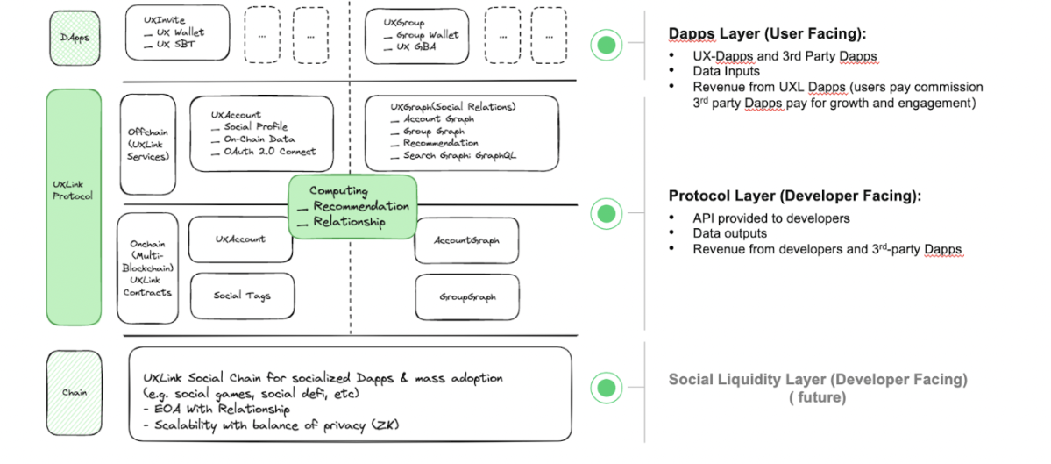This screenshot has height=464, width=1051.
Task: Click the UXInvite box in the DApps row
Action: [x=176, y=34]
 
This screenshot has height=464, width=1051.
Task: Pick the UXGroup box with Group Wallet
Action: [x=422, y=34]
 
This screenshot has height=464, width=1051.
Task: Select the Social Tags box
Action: [x=241, y=296]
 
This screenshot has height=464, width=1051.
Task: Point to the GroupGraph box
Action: [x=466, y=296]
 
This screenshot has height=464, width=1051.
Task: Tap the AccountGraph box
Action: [x=466, y=239]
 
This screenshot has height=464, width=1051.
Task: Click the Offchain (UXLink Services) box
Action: [x=147, y=145]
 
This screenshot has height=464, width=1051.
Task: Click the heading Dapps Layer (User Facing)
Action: [x=767, y=33]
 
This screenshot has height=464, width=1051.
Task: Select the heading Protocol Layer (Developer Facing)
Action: [x=794, y=196]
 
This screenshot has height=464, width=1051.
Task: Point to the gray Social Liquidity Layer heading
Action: [x=818, y=380]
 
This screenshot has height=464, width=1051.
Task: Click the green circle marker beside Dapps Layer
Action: [x=604, y=44]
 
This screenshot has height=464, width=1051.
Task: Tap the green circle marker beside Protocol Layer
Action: [x=604, y=212]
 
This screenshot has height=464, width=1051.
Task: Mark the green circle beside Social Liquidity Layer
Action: [x=604, y=387]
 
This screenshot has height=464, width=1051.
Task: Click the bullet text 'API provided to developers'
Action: [x=771, y=218]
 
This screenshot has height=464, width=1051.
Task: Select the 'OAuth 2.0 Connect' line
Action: [x=269, y=151]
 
